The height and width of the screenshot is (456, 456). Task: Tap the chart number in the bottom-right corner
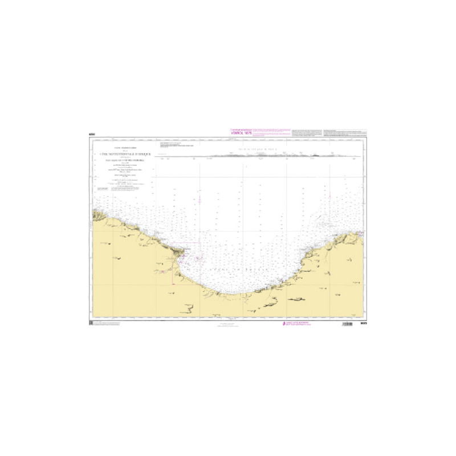click(363, 324)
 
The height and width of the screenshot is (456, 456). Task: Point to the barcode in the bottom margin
click(347, 324)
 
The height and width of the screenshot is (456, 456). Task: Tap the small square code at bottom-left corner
click(91, 324)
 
